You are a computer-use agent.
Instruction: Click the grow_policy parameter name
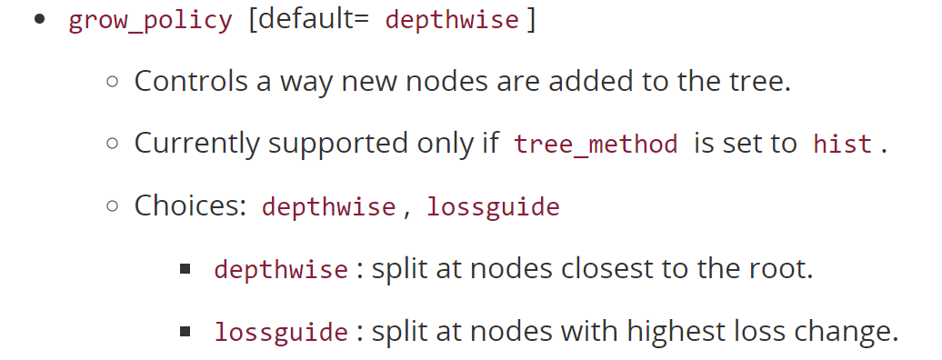[150, 21]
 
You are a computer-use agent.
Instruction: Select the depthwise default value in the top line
[453, 21]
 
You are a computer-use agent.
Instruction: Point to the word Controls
[191, 81]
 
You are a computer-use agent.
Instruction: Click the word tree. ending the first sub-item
[761, 81]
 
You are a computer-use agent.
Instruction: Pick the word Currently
[196, 144]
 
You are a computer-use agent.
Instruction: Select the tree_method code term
[596, 145]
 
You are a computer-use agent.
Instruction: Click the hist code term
[843, 145]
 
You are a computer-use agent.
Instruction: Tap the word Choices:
[191, 205]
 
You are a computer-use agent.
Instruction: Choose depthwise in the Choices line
[328, 207]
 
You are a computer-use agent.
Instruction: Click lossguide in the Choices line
[493, 207]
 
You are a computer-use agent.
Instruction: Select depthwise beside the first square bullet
[281, 270]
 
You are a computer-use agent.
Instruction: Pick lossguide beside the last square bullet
[281, 333]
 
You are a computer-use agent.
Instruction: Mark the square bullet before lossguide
[185, 332]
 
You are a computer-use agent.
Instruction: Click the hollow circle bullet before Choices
[113, 206]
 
